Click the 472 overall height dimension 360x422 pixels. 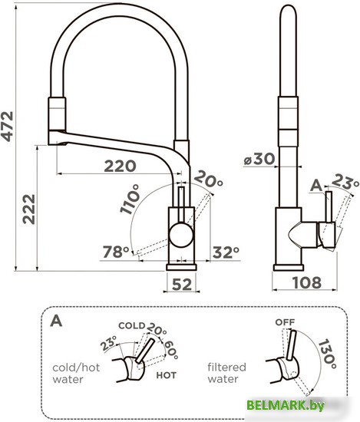point(7,127)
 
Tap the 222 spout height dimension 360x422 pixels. point(29,209)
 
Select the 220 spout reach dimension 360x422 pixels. point(120,166)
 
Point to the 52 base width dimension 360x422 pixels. point(182,284)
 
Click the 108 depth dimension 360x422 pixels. point(307,282)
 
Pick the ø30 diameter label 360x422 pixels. point(259,159)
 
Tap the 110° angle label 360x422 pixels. point(130,199)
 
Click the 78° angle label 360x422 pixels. point(116,252)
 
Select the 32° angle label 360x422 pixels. point(226,252)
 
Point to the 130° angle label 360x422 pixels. point(328,354)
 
